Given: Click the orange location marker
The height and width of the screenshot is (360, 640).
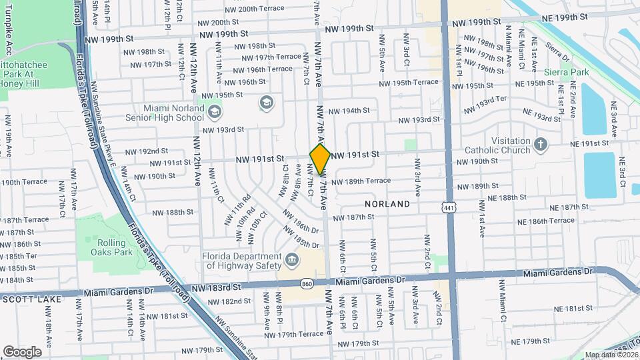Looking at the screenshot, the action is click(321, 159).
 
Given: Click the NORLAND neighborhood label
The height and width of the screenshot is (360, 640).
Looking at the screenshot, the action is click(387, 204).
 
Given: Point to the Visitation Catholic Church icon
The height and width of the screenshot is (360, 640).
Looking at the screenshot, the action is click(541, 143).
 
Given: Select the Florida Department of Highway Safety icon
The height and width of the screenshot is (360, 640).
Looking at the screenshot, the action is click(291, 259).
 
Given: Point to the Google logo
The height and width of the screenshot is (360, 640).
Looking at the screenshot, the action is click(23, 351).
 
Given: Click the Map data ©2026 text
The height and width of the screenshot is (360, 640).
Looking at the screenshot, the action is click(611, 355).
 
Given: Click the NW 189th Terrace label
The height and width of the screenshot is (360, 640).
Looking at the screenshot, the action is click(361, 181).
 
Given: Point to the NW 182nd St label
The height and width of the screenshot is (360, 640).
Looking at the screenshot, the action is click(227, 301).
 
